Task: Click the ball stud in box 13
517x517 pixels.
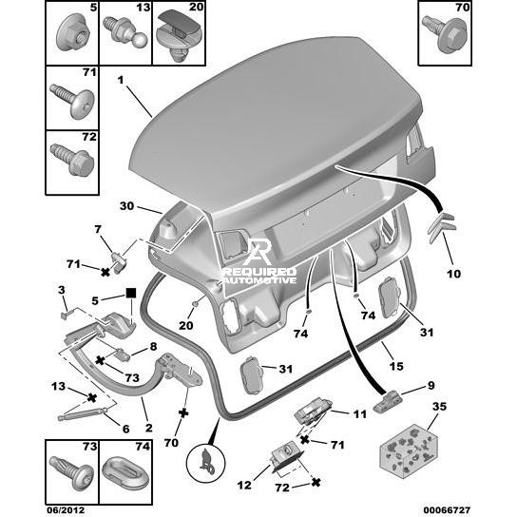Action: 125,32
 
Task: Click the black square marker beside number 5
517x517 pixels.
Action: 131,293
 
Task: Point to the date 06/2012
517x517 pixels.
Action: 66,510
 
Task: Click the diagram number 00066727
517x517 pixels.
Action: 447,510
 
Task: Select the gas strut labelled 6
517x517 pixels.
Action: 83,414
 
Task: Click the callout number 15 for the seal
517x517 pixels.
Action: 396,366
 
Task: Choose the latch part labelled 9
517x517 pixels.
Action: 388,400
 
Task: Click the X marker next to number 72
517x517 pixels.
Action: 316,483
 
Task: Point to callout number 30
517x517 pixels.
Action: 126,206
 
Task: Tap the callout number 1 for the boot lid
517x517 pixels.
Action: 121,80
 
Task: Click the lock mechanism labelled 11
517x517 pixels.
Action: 313,410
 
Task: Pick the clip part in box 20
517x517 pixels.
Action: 178,35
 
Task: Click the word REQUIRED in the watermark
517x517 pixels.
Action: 259,272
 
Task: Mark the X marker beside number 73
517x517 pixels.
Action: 100,360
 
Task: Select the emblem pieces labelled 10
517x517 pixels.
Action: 441,227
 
